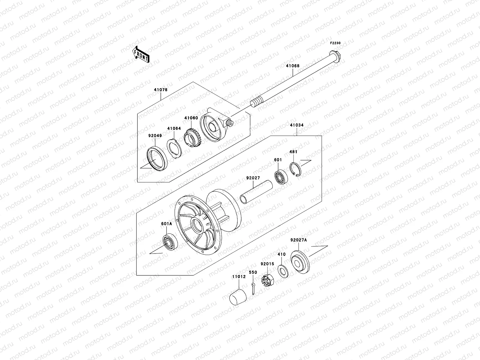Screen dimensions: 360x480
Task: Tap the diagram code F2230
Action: (335, 43)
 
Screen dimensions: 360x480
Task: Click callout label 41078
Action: (161, 90)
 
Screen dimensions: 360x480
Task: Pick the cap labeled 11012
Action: (238, 297)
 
